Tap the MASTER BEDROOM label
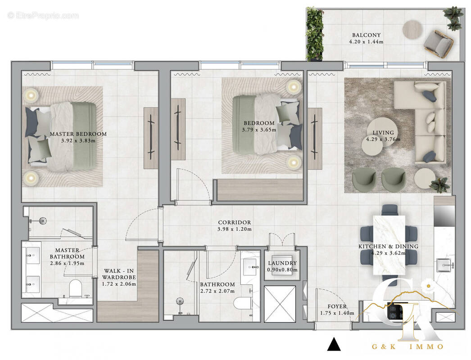tap(78, 134)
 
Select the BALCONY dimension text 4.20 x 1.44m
tap(366, 42)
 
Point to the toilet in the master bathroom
tap(75, 288)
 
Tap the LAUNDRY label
tap(282, 263)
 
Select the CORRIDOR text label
tap(234, 222)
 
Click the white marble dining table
tap(389, 245)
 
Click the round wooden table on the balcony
tap(412, 29)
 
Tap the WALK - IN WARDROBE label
tap(120, 277)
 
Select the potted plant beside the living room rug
tap(439, 184)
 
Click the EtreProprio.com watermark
tap(43, 16)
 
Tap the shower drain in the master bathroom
tap(43, 220)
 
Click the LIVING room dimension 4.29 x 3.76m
tap(383, 139)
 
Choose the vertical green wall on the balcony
tap(314, 34)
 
